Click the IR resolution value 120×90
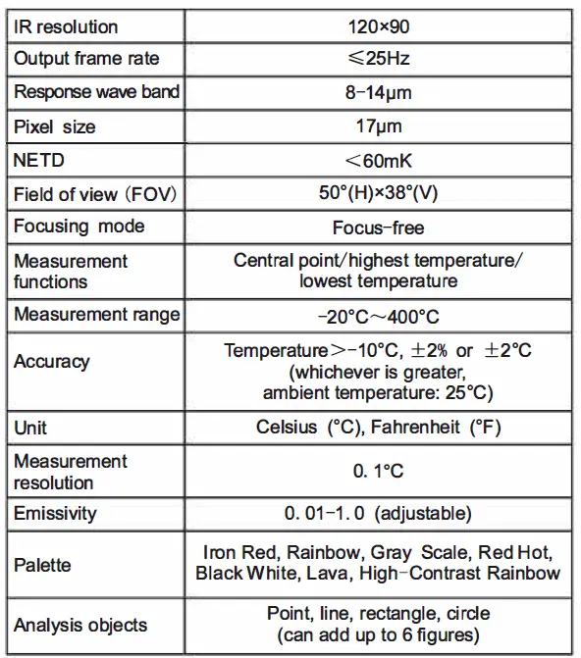tap(378, 25)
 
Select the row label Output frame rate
tap(86, 59)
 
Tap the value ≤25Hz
tap(378, 59)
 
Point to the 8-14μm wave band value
tap(378, 92)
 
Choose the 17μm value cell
tap(378, 127)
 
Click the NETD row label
tap(38, 160)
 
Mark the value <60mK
tap(378, 160)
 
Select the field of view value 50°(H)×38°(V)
tap(378, 193)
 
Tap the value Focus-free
tap(378, 228)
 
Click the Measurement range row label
tap(96, 314)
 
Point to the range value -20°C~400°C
tap(378, 316)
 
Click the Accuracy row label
tap(51, 361)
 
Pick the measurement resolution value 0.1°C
tap(378, 471)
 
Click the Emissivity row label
tap(55, 513)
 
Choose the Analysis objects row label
tap(80, 625)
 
